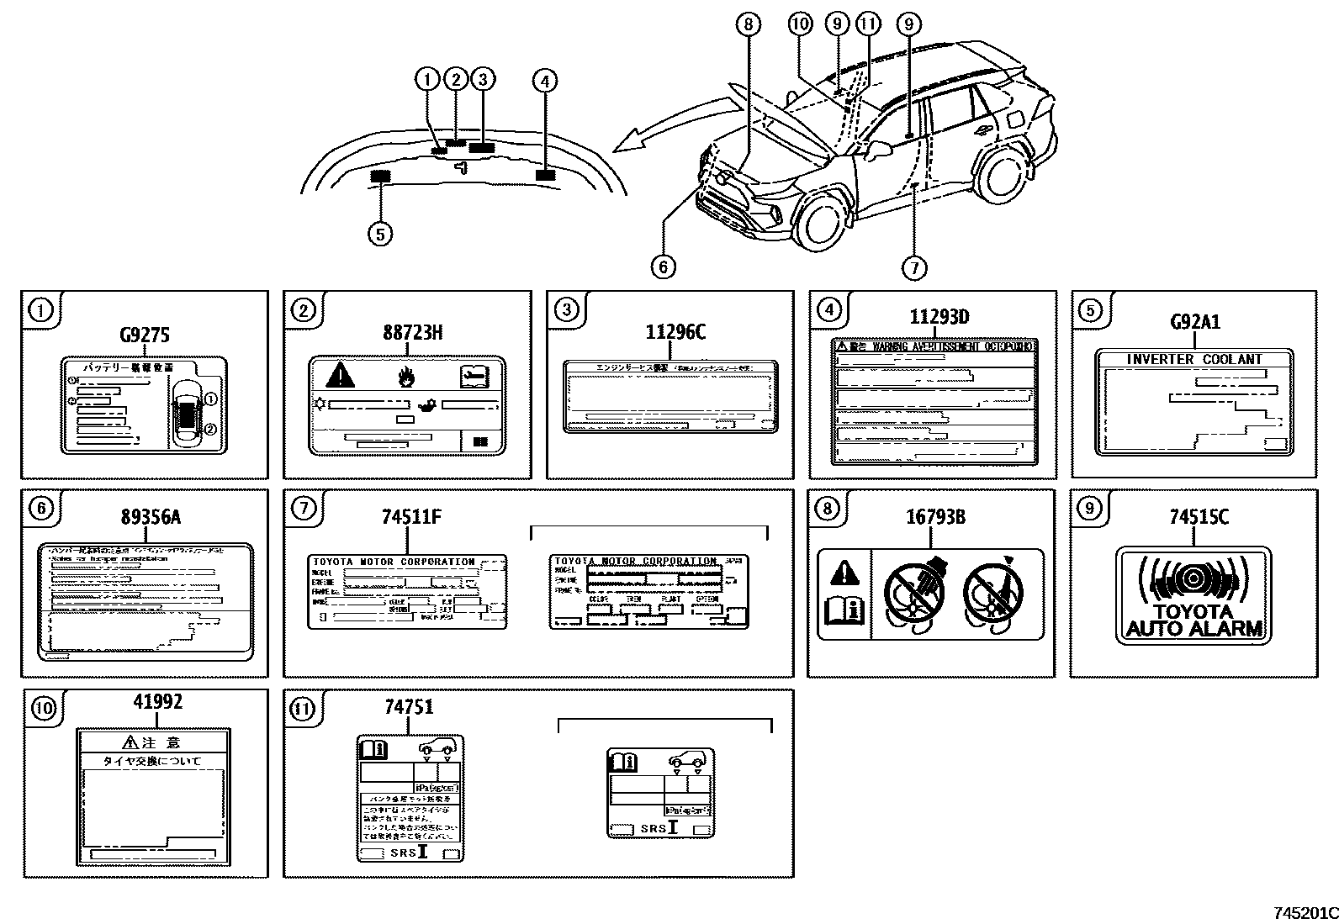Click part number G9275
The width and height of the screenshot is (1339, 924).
145,335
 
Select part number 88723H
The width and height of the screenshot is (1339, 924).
412,332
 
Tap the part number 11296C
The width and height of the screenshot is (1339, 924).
675,332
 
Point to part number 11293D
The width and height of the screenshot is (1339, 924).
939,317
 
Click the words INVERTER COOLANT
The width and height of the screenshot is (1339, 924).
1194,359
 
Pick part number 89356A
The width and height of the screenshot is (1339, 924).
151,517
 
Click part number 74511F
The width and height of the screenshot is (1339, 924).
412,517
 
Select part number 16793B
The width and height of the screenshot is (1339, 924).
935,517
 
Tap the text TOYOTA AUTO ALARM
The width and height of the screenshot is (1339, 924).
1193,620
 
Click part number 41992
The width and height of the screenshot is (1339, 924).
157,701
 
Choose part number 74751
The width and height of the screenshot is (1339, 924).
409,707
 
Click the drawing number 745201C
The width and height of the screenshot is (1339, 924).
1303,913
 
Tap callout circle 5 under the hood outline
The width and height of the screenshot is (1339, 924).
380,233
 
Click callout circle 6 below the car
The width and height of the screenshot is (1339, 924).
663,267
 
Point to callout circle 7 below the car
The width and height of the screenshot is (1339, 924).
913,268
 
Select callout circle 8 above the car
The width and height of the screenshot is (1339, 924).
749,24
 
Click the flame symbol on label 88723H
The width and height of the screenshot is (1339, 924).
407,375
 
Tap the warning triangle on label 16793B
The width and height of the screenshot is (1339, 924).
844,574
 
